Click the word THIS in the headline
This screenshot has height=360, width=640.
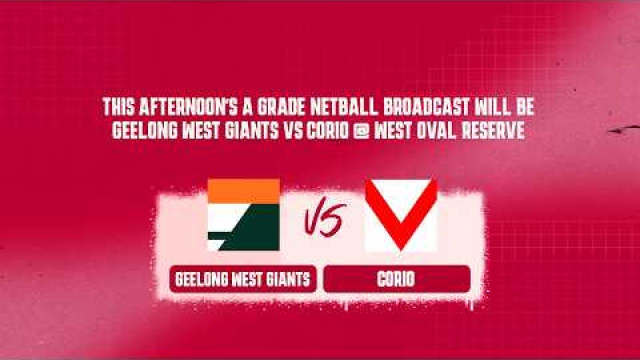point(118,107)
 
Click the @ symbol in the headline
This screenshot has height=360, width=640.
point(361,131)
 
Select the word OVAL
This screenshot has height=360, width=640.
point(436,131)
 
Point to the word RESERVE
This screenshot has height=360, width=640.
point(493,131)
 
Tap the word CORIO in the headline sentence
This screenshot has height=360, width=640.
point(327,131)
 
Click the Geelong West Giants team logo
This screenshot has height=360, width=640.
point(243,215)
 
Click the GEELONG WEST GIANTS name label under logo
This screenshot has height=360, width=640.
point(242,279)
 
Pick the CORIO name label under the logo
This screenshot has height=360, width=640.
point(397,279)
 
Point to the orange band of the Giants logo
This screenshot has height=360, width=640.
point(243,191)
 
